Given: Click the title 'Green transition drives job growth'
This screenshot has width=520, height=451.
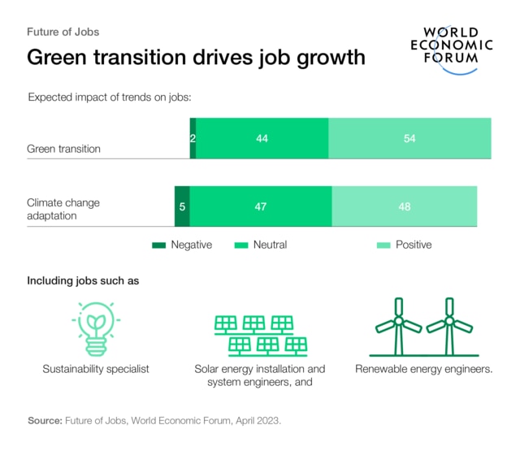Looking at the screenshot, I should coord(196,58).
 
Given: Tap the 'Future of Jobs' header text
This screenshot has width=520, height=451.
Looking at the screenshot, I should coord(63,33).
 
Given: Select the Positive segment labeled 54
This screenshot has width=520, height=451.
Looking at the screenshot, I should coord(409,139).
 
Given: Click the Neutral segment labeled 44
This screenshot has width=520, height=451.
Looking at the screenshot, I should coord(262,139).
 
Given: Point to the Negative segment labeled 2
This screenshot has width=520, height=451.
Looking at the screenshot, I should coord(193,139).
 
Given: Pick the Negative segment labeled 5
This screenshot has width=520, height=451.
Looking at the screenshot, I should coord(182,206).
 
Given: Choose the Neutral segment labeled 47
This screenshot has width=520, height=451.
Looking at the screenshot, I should coord(260,206).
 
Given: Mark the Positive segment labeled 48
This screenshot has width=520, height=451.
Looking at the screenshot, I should coord(404,206).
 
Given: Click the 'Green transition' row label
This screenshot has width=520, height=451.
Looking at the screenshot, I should coord(64,149).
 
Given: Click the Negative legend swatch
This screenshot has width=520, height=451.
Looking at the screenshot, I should coord(158,245).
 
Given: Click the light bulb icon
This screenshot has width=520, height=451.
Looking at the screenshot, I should coord(95,327).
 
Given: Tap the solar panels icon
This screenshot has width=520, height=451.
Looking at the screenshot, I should coord(259,333).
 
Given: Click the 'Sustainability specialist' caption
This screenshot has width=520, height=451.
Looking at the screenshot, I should coord(96,369).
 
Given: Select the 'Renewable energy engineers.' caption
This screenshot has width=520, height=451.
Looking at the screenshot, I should coord(423,369).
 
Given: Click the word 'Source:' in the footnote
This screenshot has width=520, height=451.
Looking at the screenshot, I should coord(45,421).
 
